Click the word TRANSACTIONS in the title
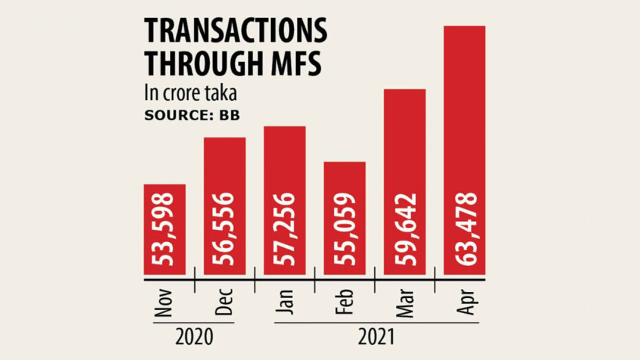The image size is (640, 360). (x=235, y=31)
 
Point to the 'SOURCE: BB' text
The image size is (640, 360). (x=186, y=115)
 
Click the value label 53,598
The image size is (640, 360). (x=164, y=230)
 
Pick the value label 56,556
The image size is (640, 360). (x=225, y=230)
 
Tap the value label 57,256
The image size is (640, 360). (x=285, y=230)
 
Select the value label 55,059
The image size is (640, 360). (x=344, y=230)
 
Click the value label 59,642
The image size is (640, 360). (x=405, y=230)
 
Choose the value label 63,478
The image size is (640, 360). (x=465, y=230)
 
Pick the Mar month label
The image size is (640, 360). (x=405, y=303)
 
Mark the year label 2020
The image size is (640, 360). (x=193, y=338)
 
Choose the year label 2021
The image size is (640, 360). (x=374, y=338)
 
